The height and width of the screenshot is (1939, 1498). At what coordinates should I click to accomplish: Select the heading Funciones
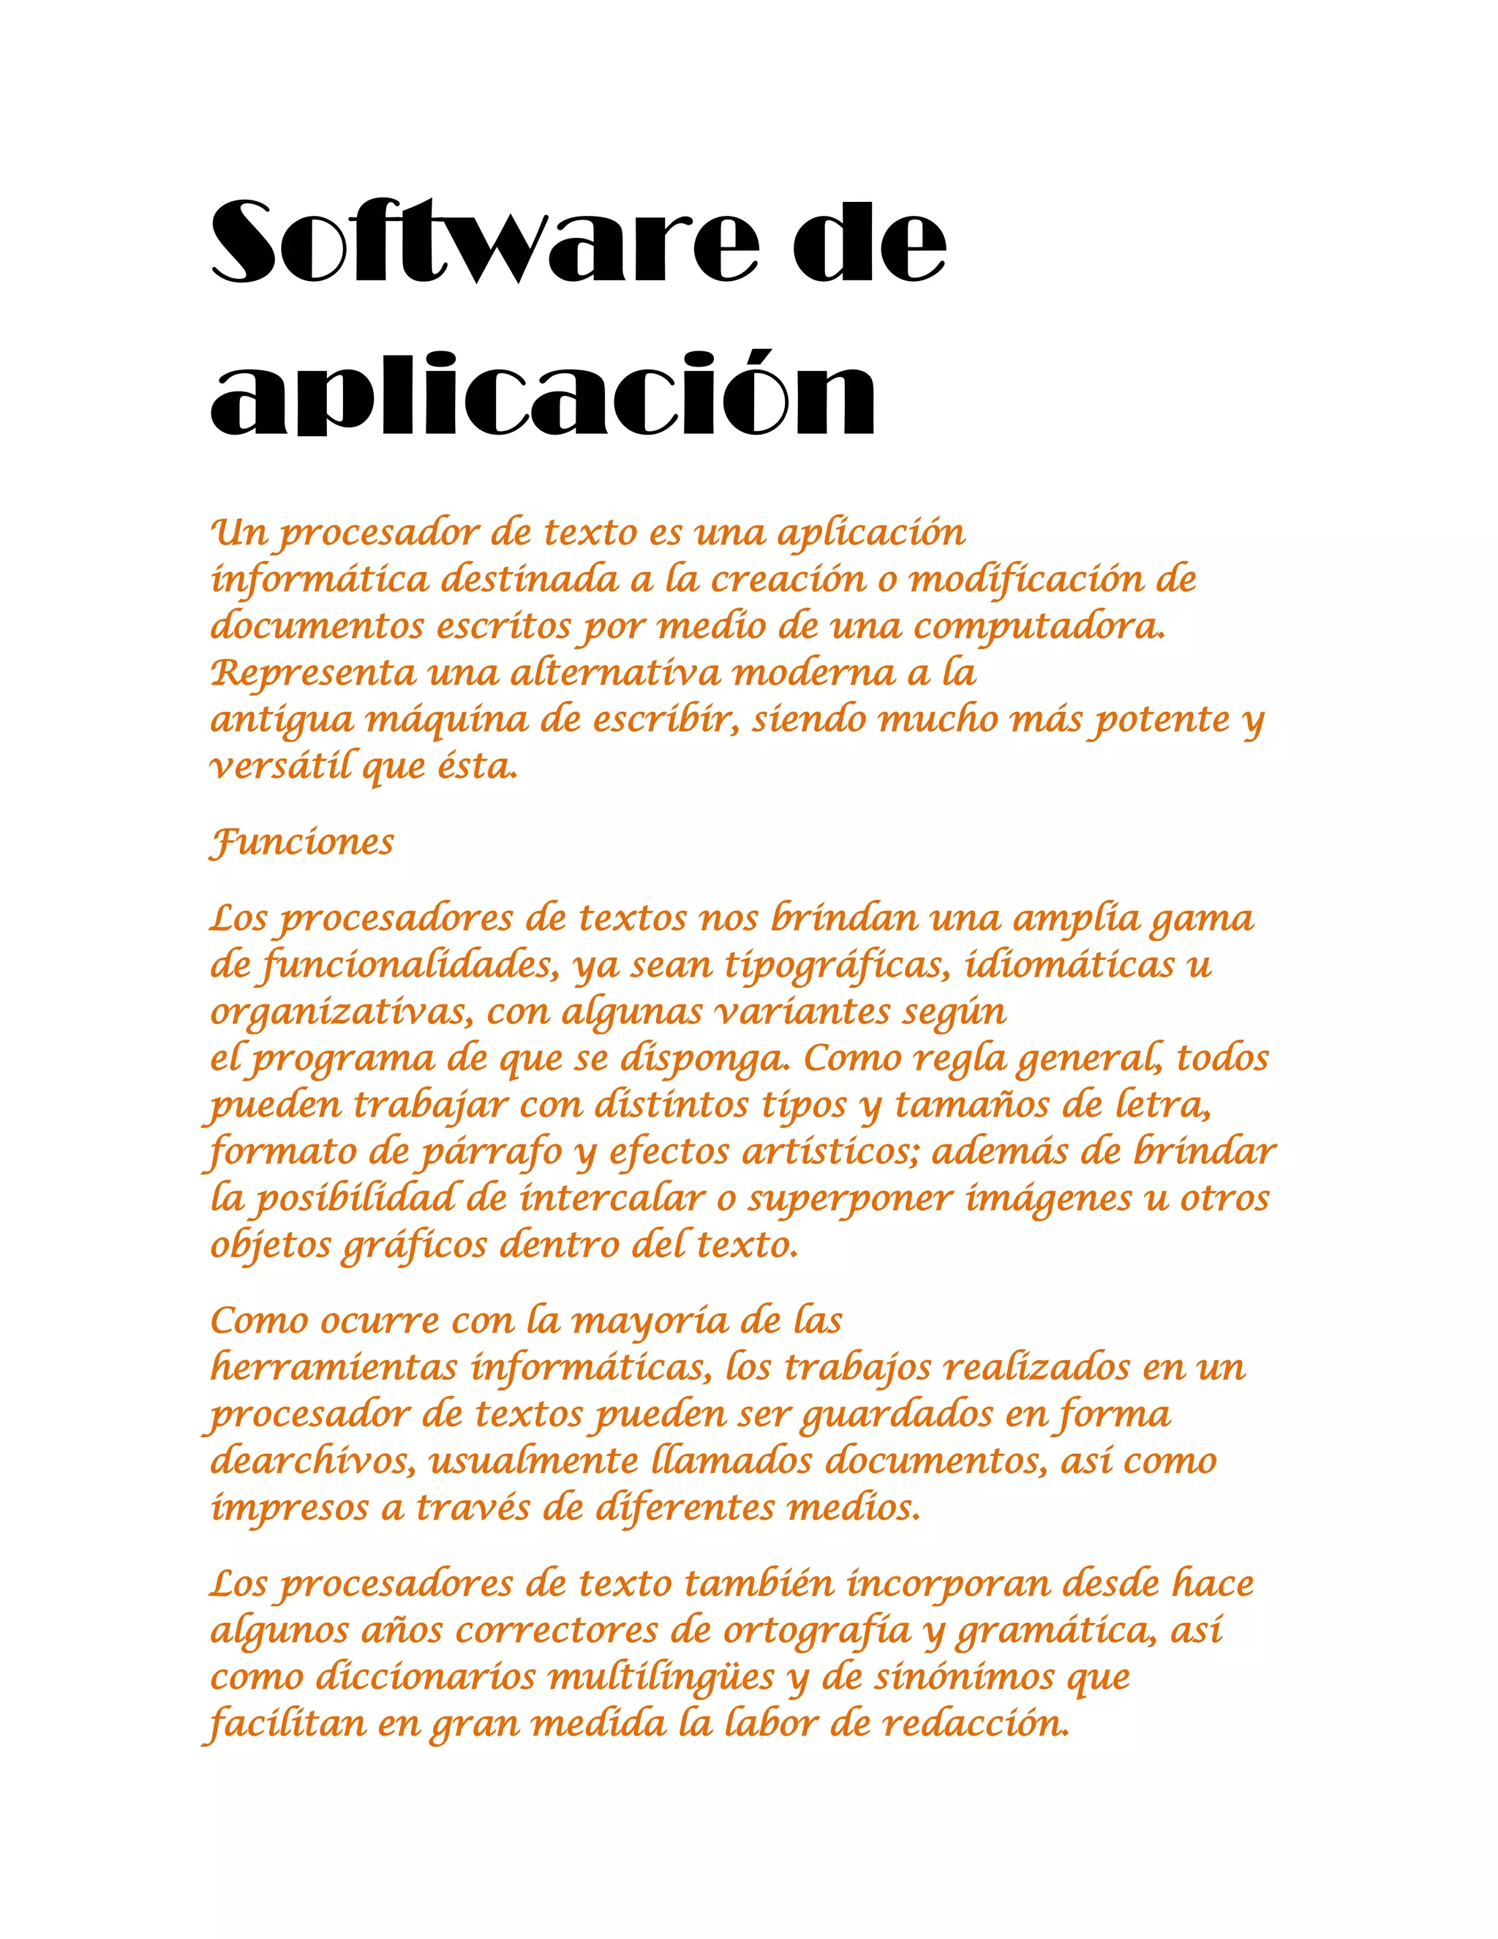pos(302,841)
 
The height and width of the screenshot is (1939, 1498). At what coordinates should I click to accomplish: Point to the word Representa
pos(312,674)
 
